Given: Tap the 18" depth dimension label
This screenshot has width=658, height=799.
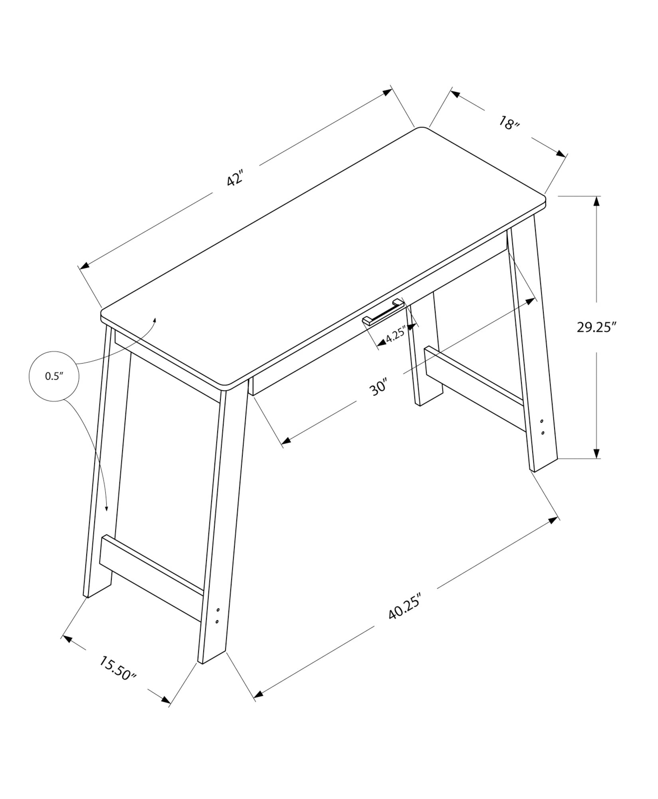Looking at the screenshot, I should pos(508,123).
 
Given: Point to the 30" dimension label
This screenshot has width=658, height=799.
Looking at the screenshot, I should pos(379,387).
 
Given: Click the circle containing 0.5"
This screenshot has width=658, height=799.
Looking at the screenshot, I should pos(54,376).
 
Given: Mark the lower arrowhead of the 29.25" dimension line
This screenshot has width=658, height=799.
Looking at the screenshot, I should pos(597,453).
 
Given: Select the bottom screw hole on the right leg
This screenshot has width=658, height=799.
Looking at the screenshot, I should pos(543,433).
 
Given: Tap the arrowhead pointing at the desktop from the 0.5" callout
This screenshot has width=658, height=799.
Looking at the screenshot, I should pos(155,320).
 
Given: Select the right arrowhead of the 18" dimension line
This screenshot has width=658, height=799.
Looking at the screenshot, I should pos(562,154).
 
